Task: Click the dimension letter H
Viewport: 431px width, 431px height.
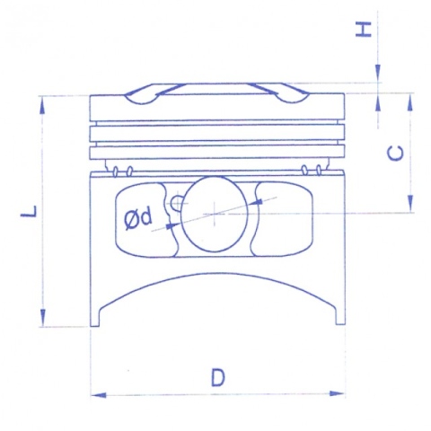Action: (x=363, y=30)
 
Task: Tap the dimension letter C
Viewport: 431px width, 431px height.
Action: (x=395, y=154)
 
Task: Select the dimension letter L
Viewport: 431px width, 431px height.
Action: (x=29, y=211)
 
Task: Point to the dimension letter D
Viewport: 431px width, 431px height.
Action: (x=217, y=377)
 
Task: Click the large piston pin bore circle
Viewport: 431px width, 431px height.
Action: (x=215, y=214)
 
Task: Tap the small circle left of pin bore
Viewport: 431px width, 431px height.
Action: (x=176, y=202)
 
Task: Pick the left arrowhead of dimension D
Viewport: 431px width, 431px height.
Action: (x=98, y=395)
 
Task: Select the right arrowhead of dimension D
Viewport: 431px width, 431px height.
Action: (x=337, y=393)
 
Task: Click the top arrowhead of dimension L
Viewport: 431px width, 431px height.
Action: (x=42, y=107)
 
